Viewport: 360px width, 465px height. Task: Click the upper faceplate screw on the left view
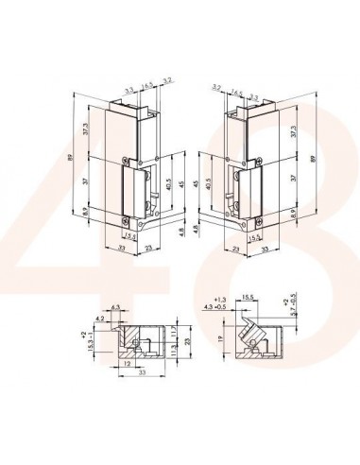[128, 157]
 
